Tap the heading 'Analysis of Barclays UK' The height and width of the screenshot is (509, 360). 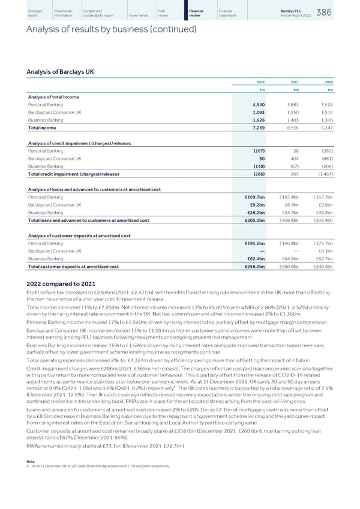(x=61, y=73)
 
